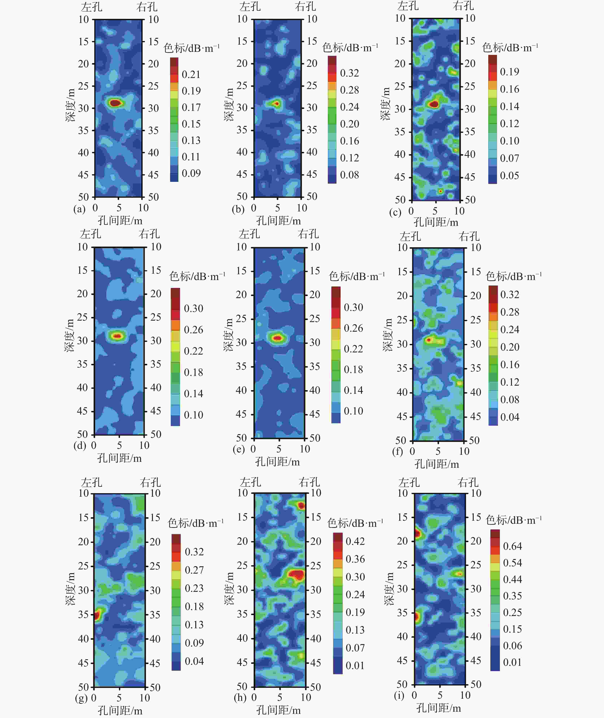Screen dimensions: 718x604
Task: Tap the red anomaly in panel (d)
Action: pyautogui.click(x=118, y=336)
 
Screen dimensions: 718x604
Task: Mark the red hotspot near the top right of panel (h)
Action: pyautogui.click(x=301, y=505)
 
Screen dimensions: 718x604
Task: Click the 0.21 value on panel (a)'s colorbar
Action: pyautogui.click(x=191, y=74)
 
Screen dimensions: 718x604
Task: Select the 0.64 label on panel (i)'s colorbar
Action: pyautogui.click(x=512, y=546)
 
